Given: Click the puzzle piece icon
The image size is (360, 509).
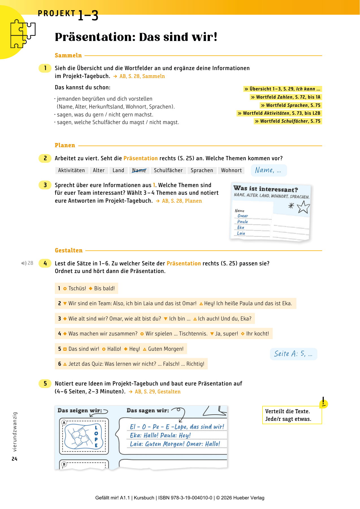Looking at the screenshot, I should coord(23,34).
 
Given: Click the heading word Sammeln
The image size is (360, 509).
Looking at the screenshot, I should coord(68,56).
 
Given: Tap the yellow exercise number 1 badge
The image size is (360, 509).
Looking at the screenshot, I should coord(45,68).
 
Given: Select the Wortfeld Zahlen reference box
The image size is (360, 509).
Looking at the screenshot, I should coord(286,97).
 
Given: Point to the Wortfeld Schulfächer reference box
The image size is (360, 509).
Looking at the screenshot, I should coord(288,121).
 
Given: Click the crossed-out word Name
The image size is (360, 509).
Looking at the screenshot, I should coord(139,170).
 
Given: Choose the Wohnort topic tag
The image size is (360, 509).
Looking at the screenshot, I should coord(231,170).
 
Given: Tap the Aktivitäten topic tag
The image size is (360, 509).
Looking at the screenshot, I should coord(71,170).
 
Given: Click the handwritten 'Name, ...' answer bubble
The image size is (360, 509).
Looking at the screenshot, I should coord(268,170).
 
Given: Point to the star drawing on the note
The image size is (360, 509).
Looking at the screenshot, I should coord(303,207).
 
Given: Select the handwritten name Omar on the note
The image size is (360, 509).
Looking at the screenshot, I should coord(243,216).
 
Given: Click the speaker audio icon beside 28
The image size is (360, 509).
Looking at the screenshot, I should coord(24,263).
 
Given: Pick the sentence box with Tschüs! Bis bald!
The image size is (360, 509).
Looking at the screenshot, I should coord(86,288).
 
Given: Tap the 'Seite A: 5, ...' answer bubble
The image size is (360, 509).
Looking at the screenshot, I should coord(293,354).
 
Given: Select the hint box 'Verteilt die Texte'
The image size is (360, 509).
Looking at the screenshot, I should coord(292,415).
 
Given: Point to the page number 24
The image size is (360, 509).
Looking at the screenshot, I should coord(14,459).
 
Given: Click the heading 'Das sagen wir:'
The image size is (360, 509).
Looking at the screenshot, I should coord(148,410).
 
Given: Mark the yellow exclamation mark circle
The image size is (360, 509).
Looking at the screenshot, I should coord(323,404).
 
